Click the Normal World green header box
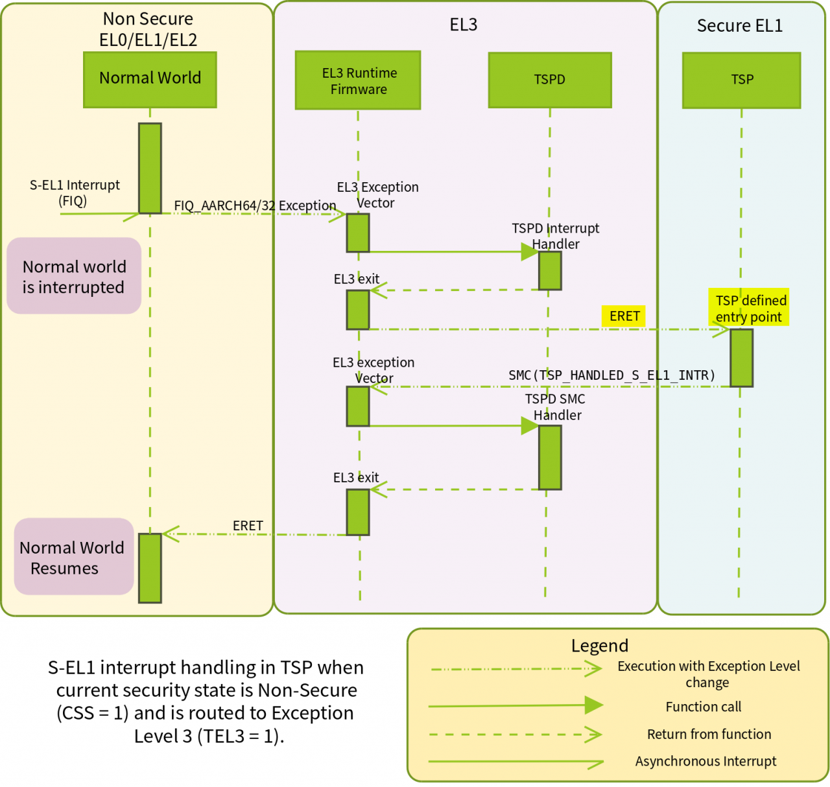coord(150,79)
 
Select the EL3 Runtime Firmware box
coord(358,80)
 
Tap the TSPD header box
coord(550,80)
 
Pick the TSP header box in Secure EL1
coord(742,80)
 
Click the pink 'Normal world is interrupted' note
coord(74,276)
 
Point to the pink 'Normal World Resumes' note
coord(73,557)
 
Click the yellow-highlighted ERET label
coord(624,316)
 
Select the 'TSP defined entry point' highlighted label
coord(749,308)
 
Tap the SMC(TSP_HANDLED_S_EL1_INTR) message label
coord(611,375)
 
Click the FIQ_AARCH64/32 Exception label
coord(255,206)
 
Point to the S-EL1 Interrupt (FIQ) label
coord(75,193)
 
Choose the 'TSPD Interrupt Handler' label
coord(556,236)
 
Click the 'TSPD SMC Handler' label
coord(556,407)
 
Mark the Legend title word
coord(599,646)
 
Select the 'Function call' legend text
coord(703,707)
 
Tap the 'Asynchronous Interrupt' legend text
coord(705,761)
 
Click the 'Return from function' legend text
coord(709,734)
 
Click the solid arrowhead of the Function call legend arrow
coord(593,705)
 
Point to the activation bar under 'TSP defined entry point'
coord(741,358)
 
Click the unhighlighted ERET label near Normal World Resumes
coord(248,525)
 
